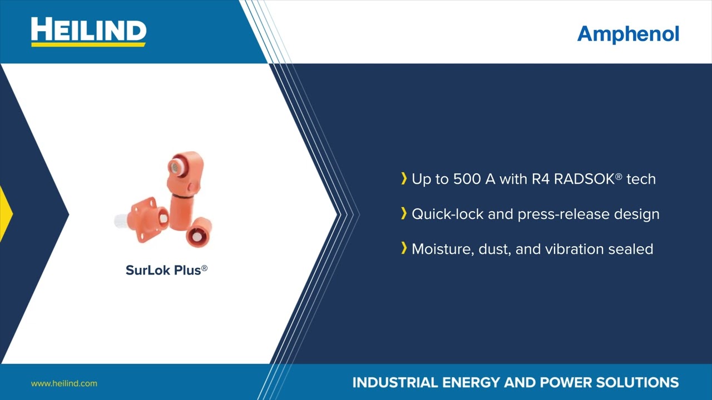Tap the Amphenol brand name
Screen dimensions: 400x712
628,34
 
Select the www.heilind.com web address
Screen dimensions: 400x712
64,383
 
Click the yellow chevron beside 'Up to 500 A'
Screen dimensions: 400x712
404,178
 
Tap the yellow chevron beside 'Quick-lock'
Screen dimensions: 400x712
404,213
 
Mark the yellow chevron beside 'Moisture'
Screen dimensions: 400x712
404,248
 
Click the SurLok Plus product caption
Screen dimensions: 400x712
166,270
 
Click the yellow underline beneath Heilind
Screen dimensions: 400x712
88,44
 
